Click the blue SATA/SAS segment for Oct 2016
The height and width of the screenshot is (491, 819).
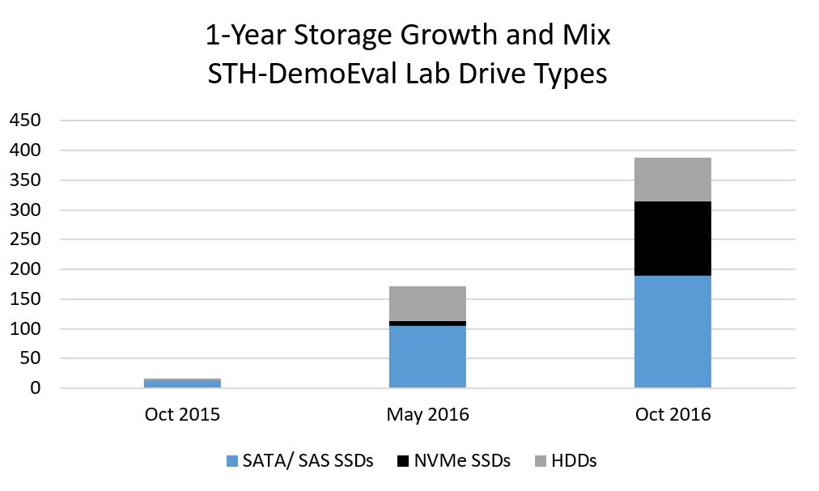[673, 332]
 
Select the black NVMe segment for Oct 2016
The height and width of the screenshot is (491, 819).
[673, 239]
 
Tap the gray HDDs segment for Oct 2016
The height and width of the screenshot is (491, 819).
[673, 180]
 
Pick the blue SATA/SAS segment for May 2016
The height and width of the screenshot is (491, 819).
[427, 357]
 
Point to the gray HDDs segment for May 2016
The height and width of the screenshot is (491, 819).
[427, 303]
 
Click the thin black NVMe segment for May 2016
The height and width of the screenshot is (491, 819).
[427, 323]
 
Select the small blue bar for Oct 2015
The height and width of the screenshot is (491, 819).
[182, 383]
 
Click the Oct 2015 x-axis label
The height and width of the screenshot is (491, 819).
[182, 415]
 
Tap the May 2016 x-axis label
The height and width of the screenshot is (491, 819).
[427, 415]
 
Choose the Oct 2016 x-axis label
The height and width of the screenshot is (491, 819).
[673, 415]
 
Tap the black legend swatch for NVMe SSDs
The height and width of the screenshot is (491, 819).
[401, 462]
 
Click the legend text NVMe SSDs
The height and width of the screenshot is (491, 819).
[463, 461]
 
